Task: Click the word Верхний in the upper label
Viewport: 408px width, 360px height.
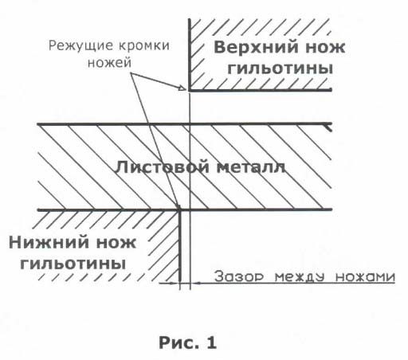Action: pyautogui.click(x=257, y=48)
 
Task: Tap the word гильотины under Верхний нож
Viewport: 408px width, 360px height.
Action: pyautogui.click(x=280, y=68)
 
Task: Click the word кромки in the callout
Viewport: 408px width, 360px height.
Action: pyautogui.click(x=143, y=45)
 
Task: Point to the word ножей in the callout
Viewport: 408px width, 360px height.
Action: pyautogui.click(x=110, y=63)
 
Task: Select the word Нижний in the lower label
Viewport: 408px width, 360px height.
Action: pyautogui.click(x=50, y=243)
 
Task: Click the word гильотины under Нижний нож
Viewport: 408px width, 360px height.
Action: pyautogui.click(x=73, y=264)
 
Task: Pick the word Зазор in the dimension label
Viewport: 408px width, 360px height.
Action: pyautogui.click(x=239, y=276)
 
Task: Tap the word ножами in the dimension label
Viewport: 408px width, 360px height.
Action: pyautogui.click(x=366, y=277)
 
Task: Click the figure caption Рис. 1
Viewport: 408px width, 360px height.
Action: pyautogui.click(x=188, y=342)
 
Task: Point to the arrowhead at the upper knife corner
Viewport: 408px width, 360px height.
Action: pyautogui.click(x=182, y=88)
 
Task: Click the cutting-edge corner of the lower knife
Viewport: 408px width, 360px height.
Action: pyautogui.click(x=180, y=209)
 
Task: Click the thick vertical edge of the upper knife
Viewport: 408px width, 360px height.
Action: pyautogui.click(x=190, y=54)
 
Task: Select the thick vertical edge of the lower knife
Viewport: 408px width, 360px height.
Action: pyautogui.click(x=180, y=246)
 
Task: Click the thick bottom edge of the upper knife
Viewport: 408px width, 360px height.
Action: pyautogui.click(x=261, y=90)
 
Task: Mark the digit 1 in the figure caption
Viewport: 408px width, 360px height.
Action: pyautogui.click(x=211, y=342)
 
